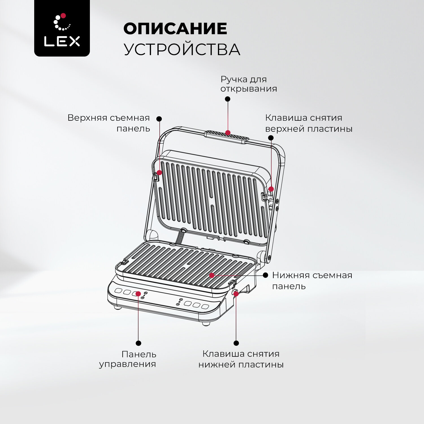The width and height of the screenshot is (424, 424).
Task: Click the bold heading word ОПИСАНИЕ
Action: pos(175,29)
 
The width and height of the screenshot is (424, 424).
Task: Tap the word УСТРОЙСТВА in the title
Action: pos(182,49)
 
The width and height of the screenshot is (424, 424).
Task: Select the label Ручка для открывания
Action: pos(249,84)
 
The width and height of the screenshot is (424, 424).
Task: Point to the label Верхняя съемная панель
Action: pos(109,123)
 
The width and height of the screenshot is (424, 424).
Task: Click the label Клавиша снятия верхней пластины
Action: pos(309,123)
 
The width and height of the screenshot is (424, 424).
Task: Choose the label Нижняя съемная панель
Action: pos(312,280)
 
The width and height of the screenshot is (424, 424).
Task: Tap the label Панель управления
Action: pos(128,359)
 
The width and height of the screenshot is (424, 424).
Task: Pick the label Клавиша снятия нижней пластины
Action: pos(241,359)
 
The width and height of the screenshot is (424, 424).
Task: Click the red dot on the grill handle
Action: pos(228,133)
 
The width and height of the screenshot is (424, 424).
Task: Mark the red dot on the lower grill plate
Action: pos(212,275)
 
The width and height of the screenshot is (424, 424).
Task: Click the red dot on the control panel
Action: pos(138,294)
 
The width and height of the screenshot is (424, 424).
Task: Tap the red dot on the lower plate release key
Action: pos(236,294)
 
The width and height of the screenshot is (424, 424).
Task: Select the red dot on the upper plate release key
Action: pos(271,189)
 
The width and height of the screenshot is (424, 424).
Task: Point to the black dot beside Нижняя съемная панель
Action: pos(265,275)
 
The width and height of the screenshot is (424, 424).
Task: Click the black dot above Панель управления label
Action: pos(139,343)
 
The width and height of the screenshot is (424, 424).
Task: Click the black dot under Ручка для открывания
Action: pos(228,99)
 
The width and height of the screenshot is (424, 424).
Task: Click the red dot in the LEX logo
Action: pos(63,16)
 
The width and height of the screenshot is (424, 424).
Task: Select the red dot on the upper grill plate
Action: pos(159,173)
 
